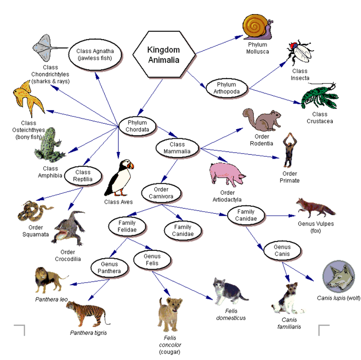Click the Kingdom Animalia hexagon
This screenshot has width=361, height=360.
pyautogui.click(x=164, y=55)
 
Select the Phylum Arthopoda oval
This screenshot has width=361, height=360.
pyautogui.click(x=226, y=88)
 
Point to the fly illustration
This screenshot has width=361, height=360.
pyautogui.click(x=300, y=52)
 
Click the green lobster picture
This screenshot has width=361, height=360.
pyautogui.click(x=319, y=97)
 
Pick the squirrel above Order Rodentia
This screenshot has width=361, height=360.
pyautogui.click(x=262, y=119)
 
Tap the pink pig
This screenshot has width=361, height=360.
pyautogui.click(x=227, y=174)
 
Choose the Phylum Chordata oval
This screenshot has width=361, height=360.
pyautogui.click(x=137, y=126)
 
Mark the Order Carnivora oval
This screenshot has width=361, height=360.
pyautogui.click(x=161, y=193)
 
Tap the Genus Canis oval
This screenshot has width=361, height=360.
pyautogui.click(x=282, y=250)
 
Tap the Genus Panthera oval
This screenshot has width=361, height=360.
pyautogui.click(x=109, y=267)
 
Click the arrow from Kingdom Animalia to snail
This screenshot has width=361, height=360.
pyautogui.click(x=219, y=44)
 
